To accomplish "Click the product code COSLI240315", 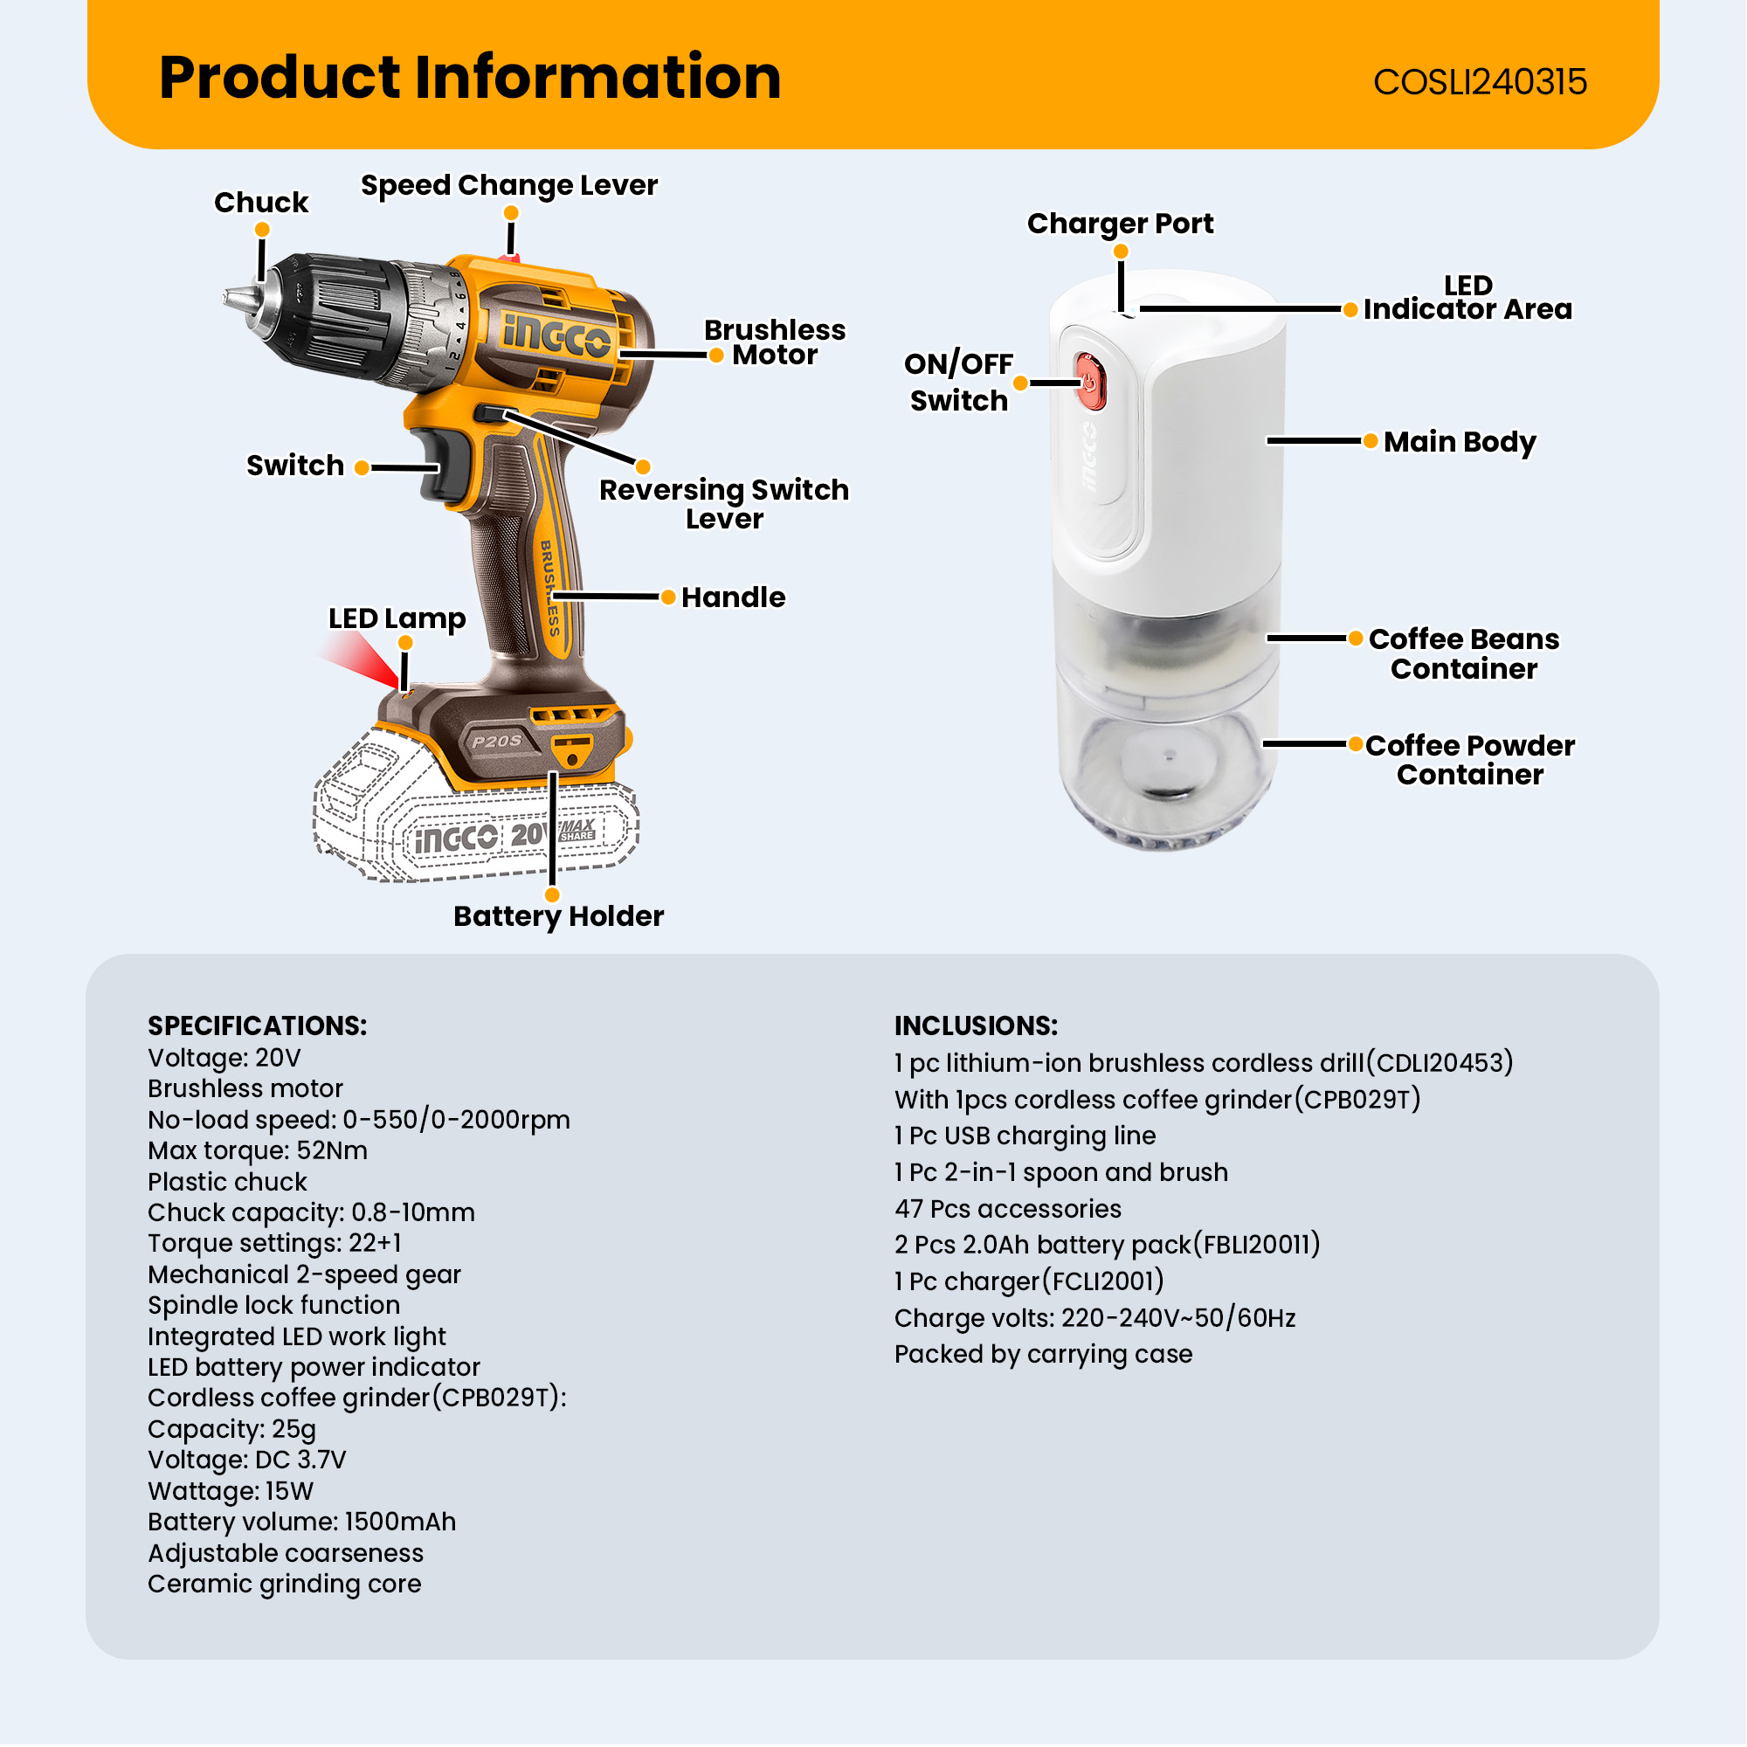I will click(x=1480, y=82).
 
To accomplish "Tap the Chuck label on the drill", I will click(x=260, y=202).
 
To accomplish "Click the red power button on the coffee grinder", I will click(x=1090, y=383).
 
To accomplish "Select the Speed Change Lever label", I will click(x=508, y=185).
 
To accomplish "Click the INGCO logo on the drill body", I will click(x=556, y=335).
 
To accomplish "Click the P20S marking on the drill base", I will click(x=496, y=741).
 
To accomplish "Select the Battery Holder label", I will click(x=558, y=916).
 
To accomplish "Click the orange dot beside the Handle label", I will click(x=668, y=597).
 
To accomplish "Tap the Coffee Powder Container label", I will click(x=1469, y=760).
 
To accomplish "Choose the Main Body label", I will click(x=1459, y=441).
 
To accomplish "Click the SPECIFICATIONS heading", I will click(x=257, y=1025).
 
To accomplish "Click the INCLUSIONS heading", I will click(x=975, y=1025).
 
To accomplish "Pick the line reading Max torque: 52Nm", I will click(x=257, y=1150).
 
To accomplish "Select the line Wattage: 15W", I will click(x=230, y=1491).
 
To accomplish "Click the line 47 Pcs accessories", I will click(x=1007, y=1209).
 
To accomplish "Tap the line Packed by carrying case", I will click(x=1043, y=1354).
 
